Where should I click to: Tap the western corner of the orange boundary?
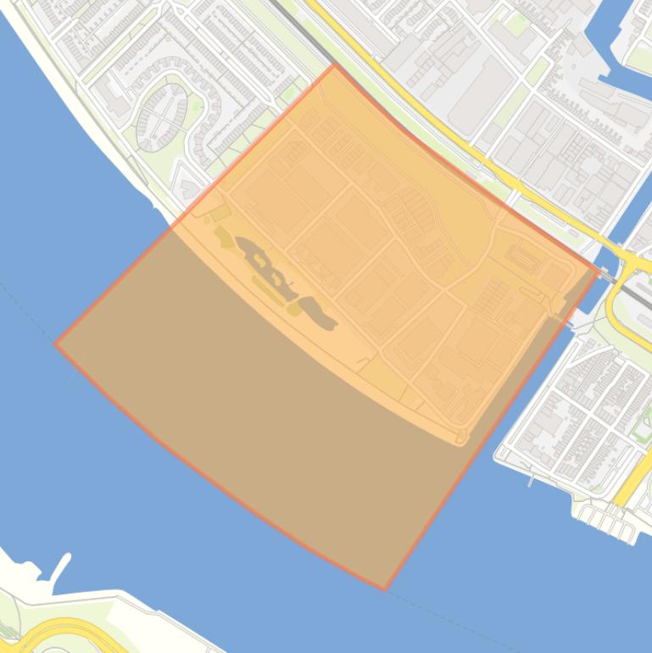56,343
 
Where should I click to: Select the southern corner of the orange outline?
384,589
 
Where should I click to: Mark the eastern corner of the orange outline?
599,269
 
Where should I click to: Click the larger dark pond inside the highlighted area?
270,266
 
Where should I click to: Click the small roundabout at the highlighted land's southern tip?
461,437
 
